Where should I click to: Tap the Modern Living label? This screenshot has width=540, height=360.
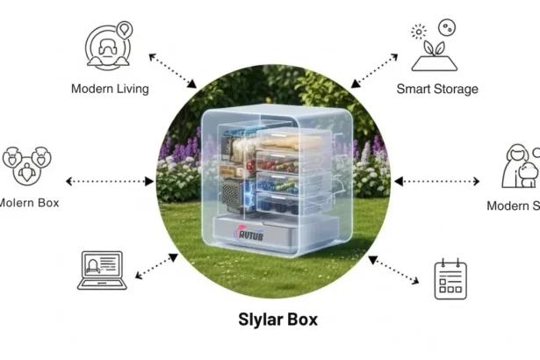110,88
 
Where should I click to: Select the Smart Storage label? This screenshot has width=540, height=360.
436,88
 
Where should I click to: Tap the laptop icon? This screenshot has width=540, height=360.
102,270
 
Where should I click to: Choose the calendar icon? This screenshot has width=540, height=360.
449,279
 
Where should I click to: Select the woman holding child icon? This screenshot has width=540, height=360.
518,166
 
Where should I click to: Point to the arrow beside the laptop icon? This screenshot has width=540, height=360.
157,263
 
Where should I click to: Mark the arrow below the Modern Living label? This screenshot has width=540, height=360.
172,70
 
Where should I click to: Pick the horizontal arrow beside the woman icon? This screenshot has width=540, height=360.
436,182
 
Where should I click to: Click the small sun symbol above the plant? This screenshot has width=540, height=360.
418,31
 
